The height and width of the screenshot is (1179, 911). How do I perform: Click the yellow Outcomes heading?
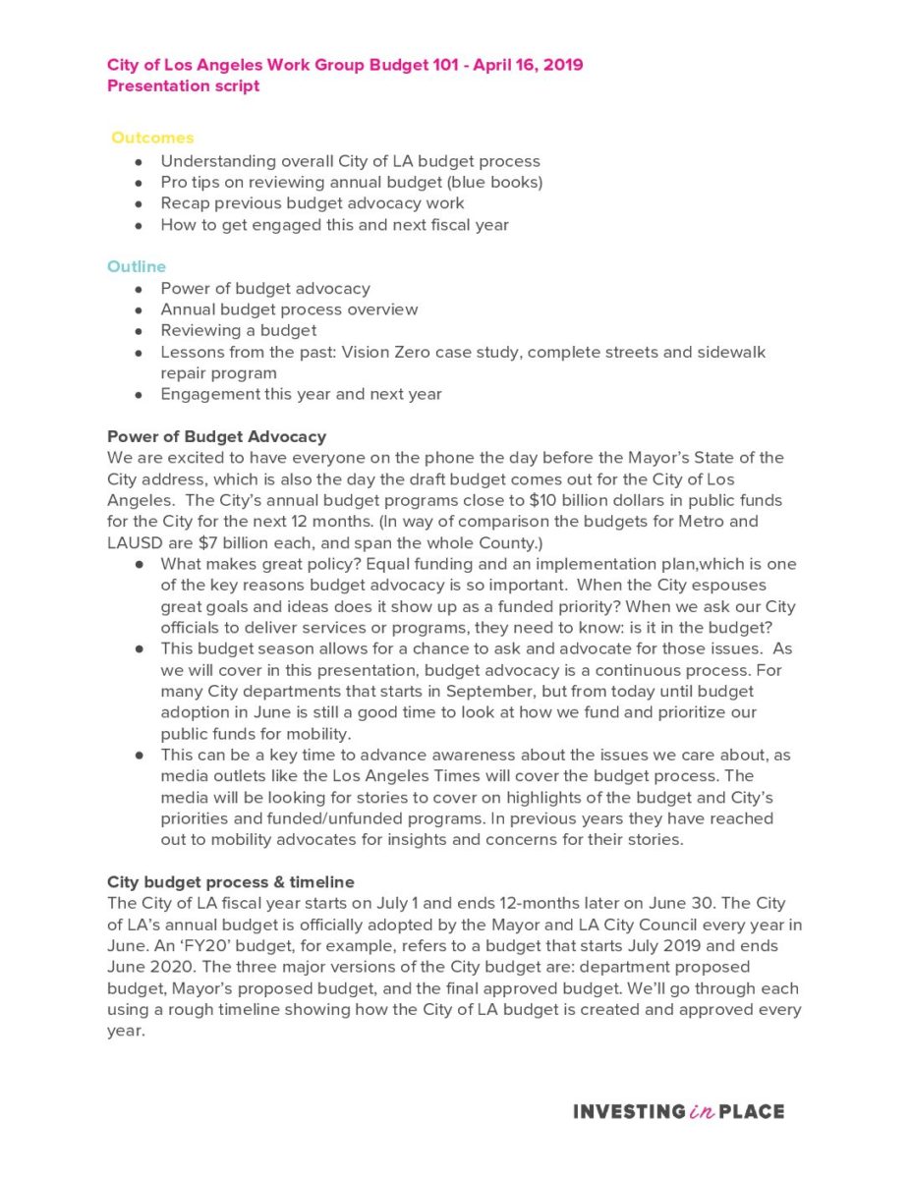[x=152, y=139]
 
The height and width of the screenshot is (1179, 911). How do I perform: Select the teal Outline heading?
[x=137, y=267]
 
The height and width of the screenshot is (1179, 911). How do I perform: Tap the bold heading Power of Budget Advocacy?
[x=216, y=436]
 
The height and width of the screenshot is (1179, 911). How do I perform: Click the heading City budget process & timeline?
[x=230, y=882]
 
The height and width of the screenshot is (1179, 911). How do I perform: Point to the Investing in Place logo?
[x=678, y=1112]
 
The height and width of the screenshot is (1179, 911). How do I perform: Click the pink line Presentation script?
[x=183, y=85]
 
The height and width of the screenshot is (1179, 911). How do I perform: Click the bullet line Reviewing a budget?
[x=239, y=330]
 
